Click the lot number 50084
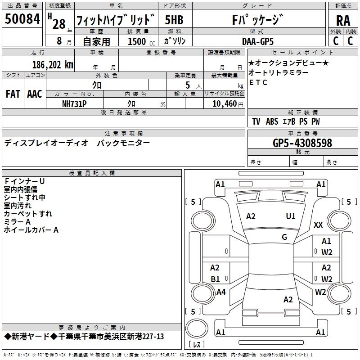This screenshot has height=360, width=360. pyautogui.click(x=22, y=19)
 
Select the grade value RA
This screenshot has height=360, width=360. pyautogui.click(x=343, y=21)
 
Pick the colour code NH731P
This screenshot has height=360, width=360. pyautogui.click(x=74, y=103)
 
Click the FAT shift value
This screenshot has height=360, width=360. pyautogui.click(x=13, y=94)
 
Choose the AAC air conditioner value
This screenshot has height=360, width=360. pyautogui.click(x=34, y=94)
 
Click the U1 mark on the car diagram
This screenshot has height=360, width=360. pyautogui.click(x=291, y=216)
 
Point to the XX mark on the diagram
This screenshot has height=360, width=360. pyautogui.click(x=318, y=225)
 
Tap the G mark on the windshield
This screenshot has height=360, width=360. pyautogui.click(x=284, y=237)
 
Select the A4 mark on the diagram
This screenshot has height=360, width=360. pyautogui.click(x=221, y=292)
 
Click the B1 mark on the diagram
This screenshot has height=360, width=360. pyautogui.click(x=215, y=279)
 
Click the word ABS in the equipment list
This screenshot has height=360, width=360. pyautogui.click(x=272, y=121)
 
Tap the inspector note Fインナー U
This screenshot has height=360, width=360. pyautogui.click(x=24, y=181)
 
